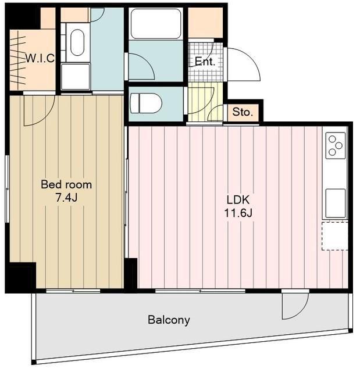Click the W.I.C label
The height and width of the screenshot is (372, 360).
pos(40,58)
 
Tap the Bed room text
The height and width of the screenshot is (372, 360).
pos(66,185)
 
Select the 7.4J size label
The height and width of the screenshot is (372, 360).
pos(66,198)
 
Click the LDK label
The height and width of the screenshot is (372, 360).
pos(238,200)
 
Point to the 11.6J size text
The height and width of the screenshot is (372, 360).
pos(238,213)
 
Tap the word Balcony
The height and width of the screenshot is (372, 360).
pos(169,320)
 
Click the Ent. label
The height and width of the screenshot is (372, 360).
pos(205,62)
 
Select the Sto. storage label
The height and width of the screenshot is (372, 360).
pos(243,112)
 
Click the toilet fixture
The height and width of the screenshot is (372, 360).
pos(146,103)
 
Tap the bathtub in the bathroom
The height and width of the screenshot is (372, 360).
pos(156,24)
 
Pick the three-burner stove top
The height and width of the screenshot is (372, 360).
pos(336,145)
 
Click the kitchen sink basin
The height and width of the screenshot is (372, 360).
pos(336,203)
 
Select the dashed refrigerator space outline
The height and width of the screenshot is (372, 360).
pos(334,236)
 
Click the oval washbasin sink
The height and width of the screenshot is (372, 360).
pos(77,42)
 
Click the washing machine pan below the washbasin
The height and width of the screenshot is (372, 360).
pos(76,77)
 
